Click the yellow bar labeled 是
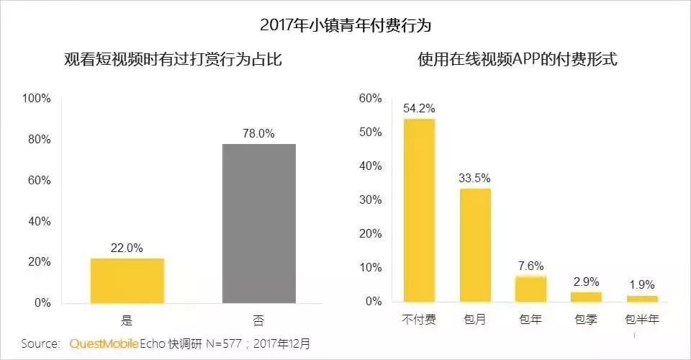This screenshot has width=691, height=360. tap(127, 281)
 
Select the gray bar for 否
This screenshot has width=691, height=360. tap(259, 223)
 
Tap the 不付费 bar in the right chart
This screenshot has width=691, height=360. tap(419, 210)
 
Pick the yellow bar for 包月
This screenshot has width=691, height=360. tap(475, 246)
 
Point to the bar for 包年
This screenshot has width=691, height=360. tap(530, 289)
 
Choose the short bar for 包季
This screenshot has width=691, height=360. tap(586, 297)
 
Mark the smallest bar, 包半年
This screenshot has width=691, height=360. tap(642, 299)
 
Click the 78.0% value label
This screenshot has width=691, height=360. tap(258, 133)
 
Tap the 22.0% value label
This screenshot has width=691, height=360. tap(127, 248)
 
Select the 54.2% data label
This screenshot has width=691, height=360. tap(419, 109)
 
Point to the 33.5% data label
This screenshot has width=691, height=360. tap(474, 178)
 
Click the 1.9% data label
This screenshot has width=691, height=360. tap(642, 284)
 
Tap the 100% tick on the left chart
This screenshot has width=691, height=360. tap(37, 98)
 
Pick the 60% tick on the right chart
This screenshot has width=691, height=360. tap(370, 98)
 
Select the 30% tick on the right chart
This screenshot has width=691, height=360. tap(370, 200)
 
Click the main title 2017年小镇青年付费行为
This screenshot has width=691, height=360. tap(345, 24)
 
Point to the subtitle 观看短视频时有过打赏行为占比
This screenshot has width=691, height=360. tap(173, 59)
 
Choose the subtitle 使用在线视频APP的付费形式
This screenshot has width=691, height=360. tap(518, 59)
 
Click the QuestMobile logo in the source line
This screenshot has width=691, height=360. tap(104, 343)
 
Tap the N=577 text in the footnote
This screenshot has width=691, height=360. tap(224, 343)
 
